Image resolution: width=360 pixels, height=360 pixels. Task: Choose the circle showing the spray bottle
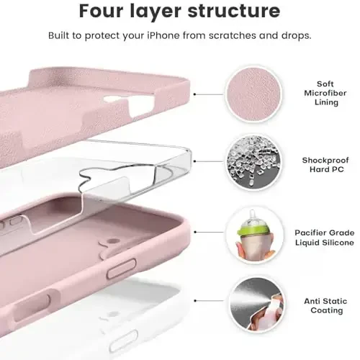pyautogui.click(x=252, y=304)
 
